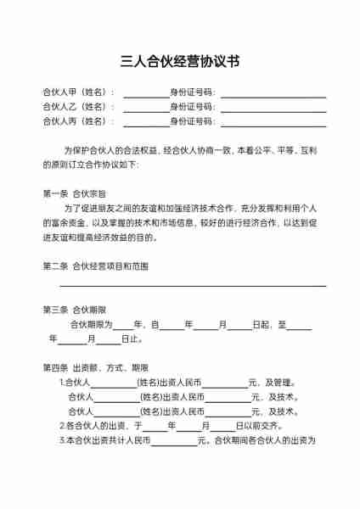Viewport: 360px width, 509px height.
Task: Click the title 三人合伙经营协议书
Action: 180,61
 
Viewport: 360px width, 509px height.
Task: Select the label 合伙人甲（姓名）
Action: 77,92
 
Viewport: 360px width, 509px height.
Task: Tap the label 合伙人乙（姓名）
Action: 77,106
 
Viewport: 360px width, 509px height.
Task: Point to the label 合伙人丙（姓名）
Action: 77,121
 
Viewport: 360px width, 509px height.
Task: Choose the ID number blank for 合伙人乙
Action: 273,108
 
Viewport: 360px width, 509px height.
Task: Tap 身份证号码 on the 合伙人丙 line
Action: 193,121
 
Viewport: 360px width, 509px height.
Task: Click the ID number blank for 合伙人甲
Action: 273,93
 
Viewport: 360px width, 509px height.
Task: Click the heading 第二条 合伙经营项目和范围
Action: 95,266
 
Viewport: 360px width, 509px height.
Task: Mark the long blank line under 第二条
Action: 193,287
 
